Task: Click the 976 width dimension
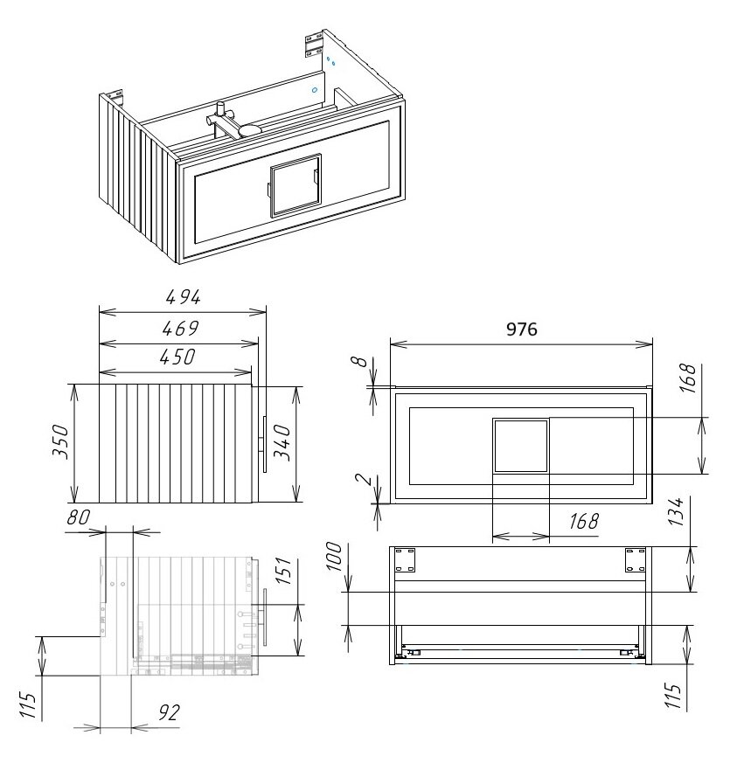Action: point(522,329)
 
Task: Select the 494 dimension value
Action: point(184,297)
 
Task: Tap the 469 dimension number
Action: point(181,328)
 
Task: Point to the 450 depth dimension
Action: point(177,357)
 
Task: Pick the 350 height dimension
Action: point(61,442)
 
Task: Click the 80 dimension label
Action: point(79,517)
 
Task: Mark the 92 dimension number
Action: point(169,712)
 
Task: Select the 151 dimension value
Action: point(283,571)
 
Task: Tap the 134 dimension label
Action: point(676,511)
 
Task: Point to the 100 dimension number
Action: point(334,556)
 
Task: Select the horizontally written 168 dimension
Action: point(584,522)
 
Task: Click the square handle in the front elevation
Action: point(520,446)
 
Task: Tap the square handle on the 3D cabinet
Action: point(296,184)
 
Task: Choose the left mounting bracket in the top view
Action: point(405,560)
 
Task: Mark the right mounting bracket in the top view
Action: point(635,560)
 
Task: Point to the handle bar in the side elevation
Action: point(265,444)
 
